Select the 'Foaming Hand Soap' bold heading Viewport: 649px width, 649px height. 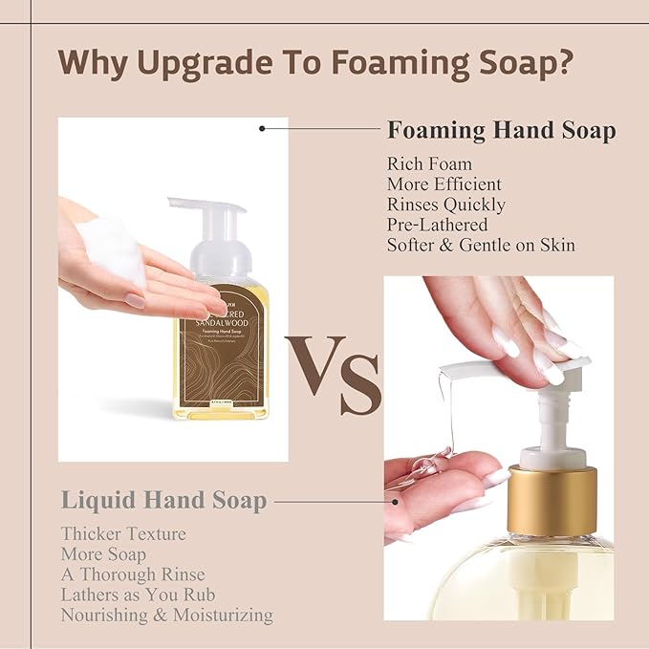[501, 131]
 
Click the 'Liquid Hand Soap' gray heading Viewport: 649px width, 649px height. [163, 499]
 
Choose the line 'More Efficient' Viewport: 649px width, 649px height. [443, 184]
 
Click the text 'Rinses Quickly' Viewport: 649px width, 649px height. [446, 205]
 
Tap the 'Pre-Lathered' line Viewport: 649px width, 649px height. [438, 225]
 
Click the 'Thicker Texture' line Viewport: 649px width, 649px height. [123, 533]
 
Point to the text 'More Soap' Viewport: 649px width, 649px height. [103, 553]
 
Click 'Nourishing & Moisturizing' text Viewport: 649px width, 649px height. [167, 616]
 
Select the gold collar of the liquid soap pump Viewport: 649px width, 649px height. [556, 497]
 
